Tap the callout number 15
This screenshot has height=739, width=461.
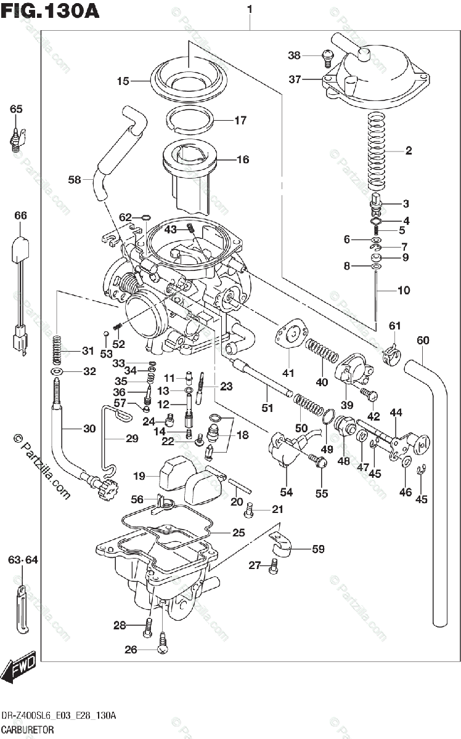click(123, 81)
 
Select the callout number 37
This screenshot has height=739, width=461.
click(295, 79)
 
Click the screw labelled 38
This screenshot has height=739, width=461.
click(326, 57)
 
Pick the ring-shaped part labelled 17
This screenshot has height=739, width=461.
click(191, 119)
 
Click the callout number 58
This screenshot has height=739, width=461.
click(75, 180)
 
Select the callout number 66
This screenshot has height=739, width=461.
click(21, 216)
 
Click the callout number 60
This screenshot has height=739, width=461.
click(423, 340)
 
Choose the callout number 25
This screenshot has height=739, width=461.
click(238, 533)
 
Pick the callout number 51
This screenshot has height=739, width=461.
click(267, 407)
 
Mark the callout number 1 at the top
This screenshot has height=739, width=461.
click(250, 9)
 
